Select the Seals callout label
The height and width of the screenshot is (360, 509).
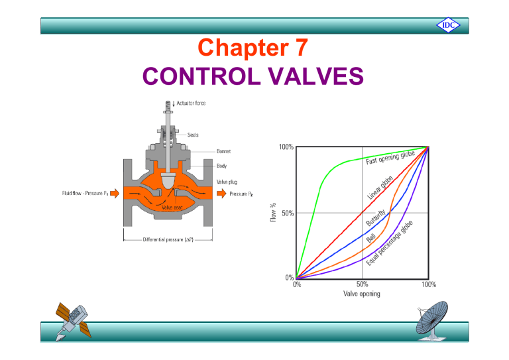pos(193,135)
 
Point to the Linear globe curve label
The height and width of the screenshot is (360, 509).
pos(381,188)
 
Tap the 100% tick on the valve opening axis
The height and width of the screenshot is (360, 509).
pos(428,285)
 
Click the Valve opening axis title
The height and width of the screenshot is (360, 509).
pos(363,293)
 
